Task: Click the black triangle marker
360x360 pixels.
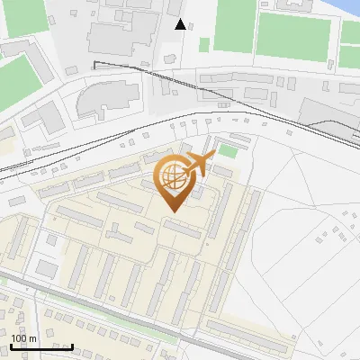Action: [x=181, y=24]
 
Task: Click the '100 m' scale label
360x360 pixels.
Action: [x=24, y=337]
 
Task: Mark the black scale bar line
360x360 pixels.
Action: [x=41, y=346]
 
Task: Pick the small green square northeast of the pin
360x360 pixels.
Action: [x=229, y=151]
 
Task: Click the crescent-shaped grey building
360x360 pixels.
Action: [x=99, y=101]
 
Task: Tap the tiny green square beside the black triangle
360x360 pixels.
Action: [x=204, y=44]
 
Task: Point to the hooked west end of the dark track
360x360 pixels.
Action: [x=95, y=63]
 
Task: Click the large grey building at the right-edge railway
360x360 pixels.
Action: [x=328, y=117]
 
